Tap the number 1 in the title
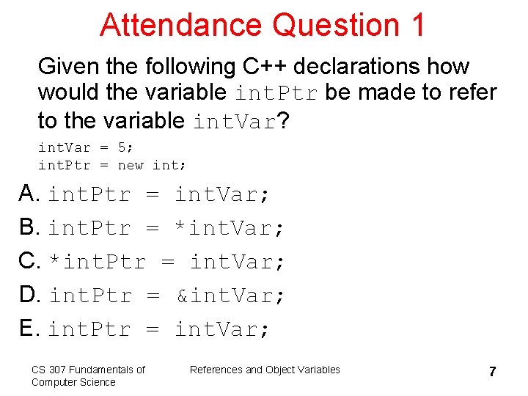tap(417, 24)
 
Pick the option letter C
tap(29, 261)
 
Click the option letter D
tap(29, 295)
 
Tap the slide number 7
tap(493, 372)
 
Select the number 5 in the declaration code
tap(122, 147)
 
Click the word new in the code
tap(131, 165)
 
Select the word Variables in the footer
tap(319, 370)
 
